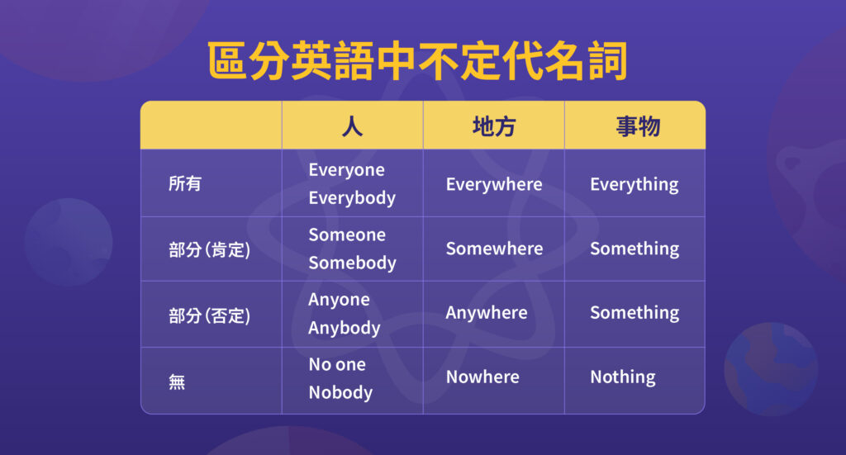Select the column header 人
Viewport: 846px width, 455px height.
352,126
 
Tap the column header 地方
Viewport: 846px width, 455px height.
493,126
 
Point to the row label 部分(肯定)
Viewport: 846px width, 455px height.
209,249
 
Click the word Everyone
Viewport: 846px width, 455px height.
346,170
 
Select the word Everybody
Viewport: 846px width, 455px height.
352,198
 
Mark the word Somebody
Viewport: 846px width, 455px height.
352,263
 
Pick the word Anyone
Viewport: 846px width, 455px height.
339,300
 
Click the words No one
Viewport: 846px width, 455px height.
337,364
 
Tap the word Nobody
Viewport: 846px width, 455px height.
340,392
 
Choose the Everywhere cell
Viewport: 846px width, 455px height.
494,184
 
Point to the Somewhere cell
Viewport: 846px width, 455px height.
494,249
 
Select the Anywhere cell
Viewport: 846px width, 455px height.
487,313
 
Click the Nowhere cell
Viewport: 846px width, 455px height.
482,377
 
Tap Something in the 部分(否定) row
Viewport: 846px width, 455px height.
634,313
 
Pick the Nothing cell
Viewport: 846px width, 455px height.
622,377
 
